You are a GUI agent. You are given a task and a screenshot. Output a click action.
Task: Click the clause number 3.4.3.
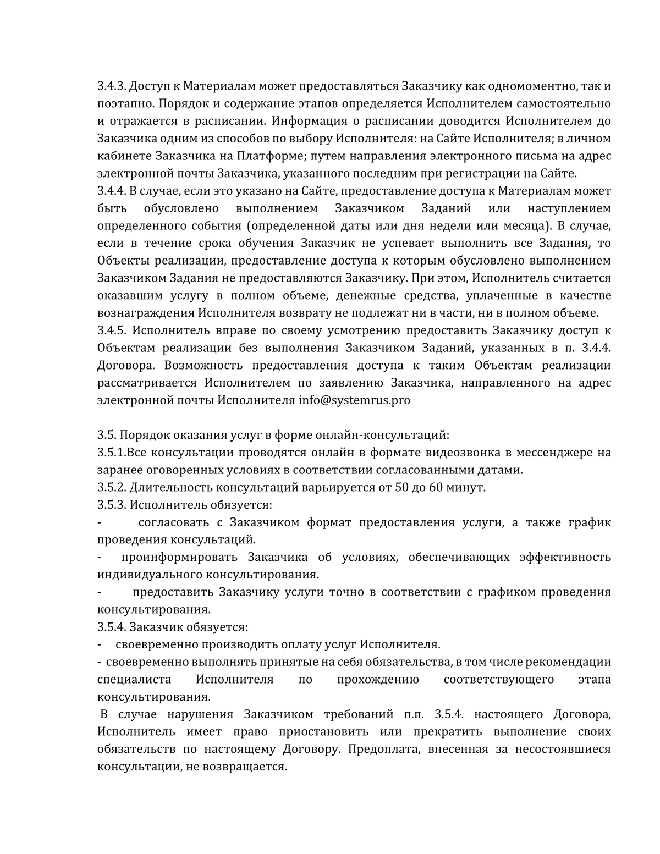[112, 86]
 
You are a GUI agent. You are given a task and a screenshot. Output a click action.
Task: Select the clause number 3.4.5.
[112, 330]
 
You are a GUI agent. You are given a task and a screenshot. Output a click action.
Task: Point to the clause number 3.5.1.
[112, 453]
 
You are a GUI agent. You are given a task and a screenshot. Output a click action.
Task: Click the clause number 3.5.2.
[112, 487]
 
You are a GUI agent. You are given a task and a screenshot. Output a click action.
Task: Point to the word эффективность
[565, 557]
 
